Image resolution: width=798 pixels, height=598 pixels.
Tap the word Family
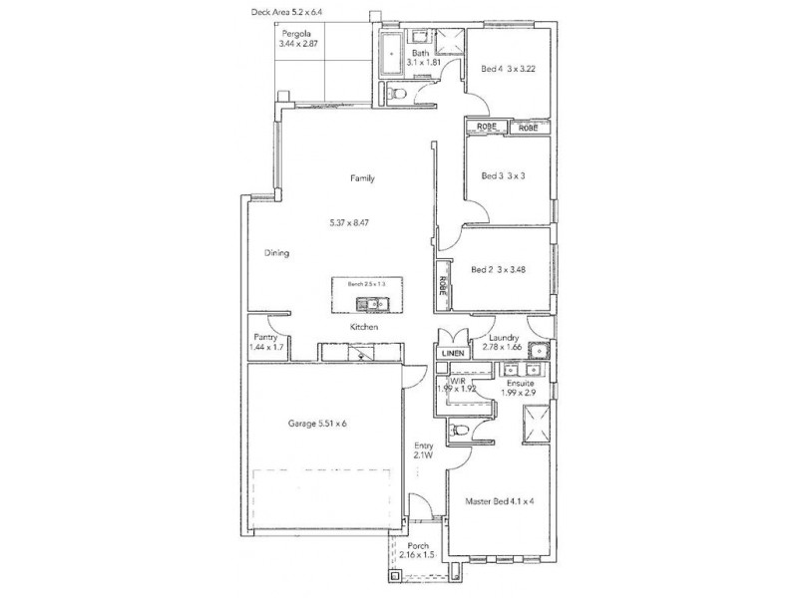click(361, 178)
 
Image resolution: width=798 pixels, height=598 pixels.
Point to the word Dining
click(276, 253)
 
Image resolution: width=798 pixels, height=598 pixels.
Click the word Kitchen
click(361, 327)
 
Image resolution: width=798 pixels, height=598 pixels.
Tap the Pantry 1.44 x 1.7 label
click(266, 343)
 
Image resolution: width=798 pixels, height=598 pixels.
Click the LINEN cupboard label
click(453, 354)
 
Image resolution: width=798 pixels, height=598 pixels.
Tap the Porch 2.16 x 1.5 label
click(418, 551)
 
